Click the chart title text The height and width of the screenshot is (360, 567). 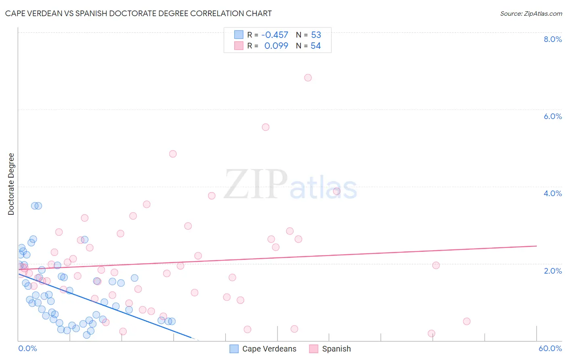138,13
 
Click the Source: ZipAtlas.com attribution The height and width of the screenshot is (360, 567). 531,13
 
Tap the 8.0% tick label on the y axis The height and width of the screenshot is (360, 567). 552,39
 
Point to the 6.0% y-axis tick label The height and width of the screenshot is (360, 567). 552,116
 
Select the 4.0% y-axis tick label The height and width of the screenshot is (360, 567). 552,193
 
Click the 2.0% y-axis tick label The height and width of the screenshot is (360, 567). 552,271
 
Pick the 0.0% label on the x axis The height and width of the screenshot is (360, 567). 27,348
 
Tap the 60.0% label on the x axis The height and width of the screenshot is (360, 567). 550,348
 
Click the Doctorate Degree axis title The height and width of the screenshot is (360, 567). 11,184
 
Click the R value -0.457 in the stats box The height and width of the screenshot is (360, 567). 275,35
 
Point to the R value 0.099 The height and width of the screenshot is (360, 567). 276,46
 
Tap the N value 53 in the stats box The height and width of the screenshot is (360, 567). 316,35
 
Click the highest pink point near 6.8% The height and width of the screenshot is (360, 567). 308,77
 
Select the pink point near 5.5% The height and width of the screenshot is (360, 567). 265,127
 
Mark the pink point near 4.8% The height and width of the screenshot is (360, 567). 173,154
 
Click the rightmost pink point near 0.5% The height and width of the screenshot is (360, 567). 467,321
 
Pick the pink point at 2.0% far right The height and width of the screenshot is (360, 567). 436,265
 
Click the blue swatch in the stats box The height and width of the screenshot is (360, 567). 239,35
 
